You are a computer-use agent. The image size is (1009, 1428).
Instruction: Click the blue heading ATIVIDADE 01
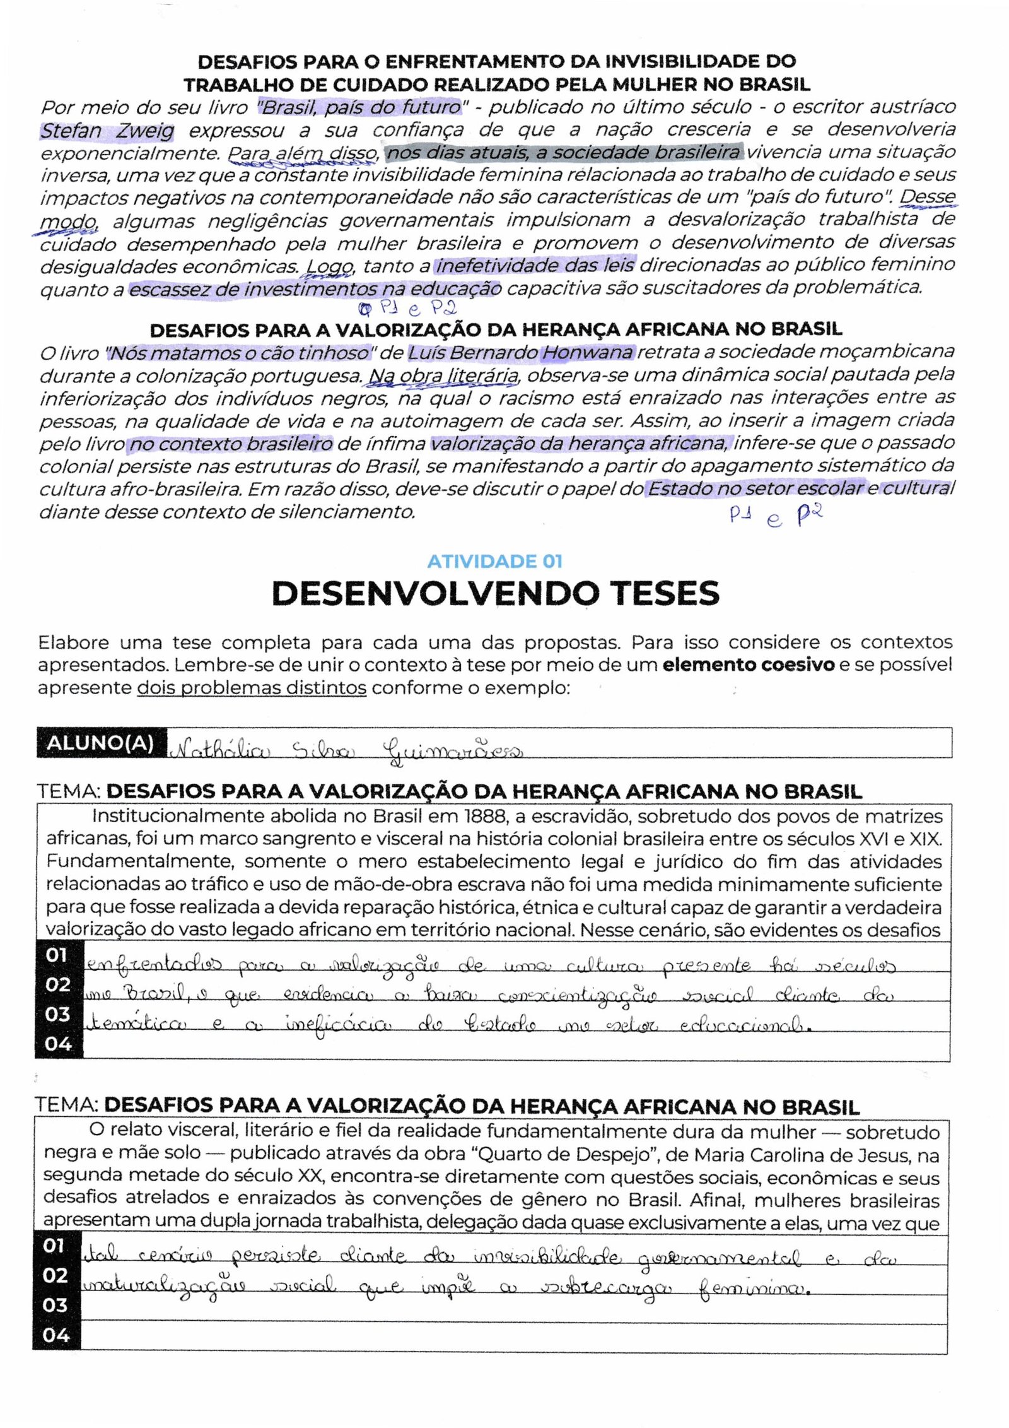pyautogui.click(x=494, y=561)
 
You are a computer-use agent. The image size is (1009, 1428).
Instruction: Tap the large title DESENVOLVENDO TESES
pyautogui.click(x=495, y=593)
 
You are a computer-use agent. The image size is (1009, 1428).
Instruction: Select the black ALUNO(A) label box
pyautogui.click(x=101, y=743)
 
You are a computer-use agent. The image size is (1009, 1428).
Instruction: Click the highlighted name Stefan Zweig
pyautogui.click(x=107, y=131)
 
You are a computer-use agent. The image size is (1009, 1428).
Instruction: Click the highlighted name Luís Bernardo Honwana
pyautogui.click(x=521, y=352)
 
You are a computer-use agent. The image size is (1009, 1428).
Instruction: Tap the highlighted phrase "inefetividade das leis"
pyautogui.click(x=535, y=265)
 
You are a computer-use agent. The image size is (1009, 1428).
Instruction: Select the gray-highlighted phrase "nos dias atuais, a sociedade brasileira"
pyautogui.click(x=564, y=153)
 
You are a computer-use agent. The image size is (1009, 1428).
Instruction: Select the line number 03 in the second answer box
pyautogui.click(x=56, y=1305)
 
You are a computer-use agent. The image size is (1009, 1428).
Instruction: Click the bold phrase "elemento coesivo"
pyautogui.click(x=748, y=665)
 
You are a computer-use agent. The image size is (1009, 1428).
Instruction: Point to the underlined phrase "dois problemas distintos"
pyautogui.click(x=252, y=688)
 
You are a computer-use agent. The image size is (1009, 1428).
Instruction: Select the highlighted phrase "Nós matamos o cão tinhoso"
pyautogui.click(x=238, y=352)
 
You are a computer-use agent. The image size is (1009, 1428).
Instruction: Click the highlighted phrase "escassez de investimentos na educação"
pyautogui.click(x=315, y=289)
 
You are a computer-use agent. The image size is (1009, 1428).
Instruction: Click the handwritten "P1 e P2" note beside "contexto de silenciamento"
pyautogui.click(x=776, y=516)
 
